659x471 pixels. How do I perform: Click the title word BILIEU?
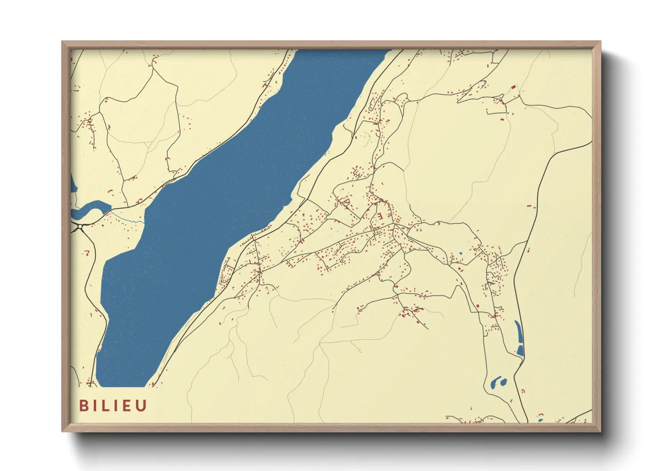tap(113, 406)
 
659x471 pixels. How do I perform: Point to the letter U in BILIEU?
tap(142, 406)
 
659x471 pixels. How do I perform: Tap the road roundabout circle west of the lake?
tap(80, 227)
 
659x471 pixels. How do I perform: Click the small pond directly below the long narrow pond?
tap(520, 351)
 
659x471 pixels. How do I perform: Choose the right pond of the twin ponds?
tap(503, 382)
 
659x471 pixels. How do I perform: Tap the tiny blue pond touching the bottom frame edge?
tap(541, 420)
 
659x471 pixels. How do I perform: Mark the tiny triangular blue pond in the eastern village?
tap(460, 254)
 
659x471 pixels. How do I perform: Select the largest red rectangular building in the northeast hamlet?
tap(513, 88)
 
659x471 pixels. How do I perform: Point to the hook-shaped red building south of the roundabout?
tap(88, 253)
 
